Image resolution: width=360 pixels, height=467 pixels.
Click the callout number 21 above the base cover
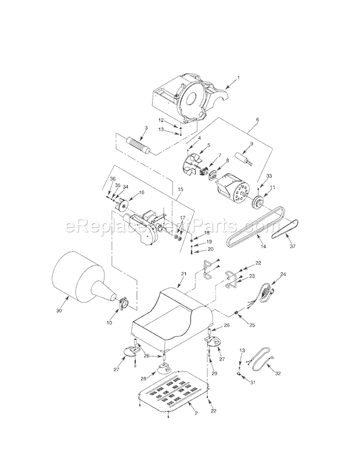[183, 273]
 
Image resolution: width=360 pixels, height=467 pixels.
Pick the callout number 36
[113, 178]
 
